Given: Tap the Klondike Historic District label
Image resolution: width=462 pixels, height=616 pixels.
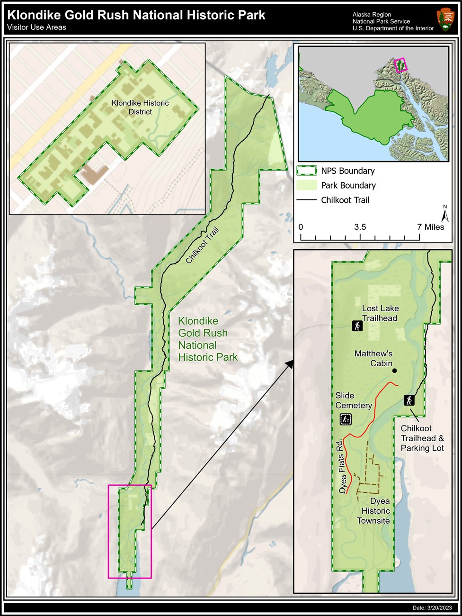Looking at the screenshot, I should pyautogui.click(x=140, y=107).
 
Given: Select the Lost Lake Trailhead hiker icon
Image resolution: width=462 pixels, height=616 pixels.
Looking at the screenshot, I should pyautogui.click(x=357, y=326).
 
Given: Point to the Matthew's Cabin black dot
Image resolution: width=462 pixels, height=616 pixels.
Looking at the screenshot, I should pyautogui.click(x=394, y=371).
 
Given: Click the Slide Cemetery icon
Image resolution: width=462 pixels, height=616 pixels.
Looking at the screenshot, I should pyautogui.click(x=346, y=419).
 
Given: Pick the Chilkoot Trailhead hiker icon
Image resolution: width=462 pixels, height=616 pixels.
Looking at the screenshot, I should pyautogui.click(x=409, y=400).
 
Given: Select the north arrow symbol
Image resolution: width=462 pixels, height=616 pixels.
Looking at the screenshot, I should pyautogui.click(x=444, y=214).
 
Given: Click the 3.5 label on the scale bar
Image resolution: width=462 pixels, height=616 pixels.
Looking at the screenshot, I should pyautogui.click(x=360, y=227).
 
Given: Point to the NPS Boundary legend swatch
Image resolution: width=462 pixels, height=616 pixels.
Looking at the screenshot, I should pyautogui.click(x=306, y=171).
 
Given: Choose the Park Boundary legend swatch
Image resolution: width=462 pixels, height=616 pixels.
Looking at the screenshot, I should pyautogui.click(x=306, y=185).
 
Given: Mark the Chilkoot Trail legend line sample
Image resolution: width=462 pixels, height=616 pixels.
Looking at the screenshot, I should pyautogui.click(x=306, y=200).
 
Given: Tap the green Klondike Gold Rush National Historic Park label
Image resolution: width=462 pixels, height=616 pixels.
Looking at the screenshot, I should pyautogui.click(x=207, y=339).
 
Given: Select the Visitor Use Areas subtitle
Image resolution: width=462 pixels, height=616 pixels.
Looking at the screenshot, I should pyautogui.click(x=37, y=27).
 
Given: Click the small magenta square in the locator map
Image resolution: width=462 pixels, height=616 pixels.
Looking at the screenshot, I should pyautogui.click(x=400, y=65).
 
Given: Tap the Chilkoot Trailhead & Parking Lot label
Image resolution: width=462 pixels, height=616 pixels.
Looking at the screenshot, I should pyautogui.click(x=422, y=438).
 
